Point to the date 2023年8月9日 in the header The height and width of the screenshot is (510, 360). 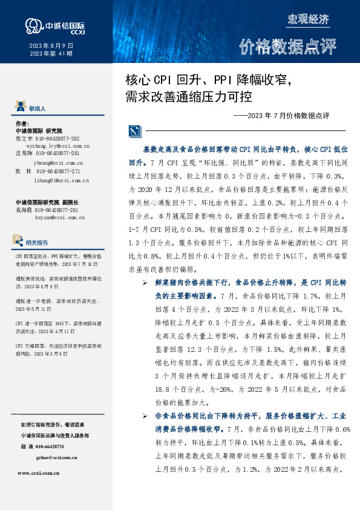[x=51, y=45]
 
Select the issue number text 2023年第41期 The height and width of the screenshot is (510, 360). [x=51, y=54]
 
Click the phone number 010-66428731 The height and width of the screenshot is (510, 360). [x=53, y=446]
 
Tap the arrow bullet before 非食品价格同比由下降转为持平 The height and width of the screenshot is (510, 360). [x=145, y=416]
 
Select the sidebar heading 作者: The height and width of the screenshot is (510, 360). [x=22, y=123]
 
